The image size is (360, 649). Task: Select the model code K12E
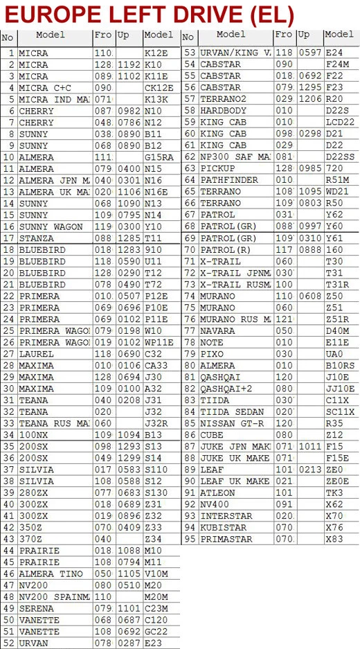tap(155, 53)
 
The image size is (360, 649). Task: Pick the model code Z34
tap(153, 539)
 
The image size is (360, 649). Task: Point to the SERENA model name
tap(36, 608)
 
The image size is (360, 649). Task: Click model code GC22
tap(156, 632)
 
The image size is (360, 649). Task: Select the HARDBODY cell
tap(223, 110)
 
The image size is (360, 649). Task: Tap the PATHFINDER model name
tap(228, 180)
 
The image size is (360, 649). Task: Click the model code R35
tap(334, 423)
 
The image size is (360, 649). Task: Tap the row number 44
tap(9, 551)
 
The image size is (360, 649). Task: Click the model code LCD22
tap(339, 122)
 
